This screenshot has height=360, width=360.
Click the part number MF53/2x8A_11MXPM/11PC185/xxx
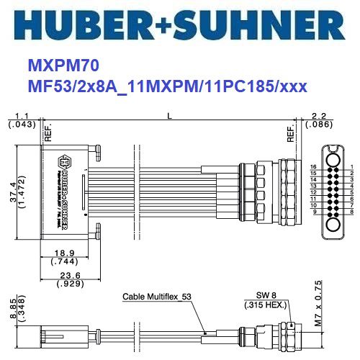[167, 86]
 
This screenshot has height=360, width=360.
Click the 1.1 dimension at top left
[21, 115]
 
